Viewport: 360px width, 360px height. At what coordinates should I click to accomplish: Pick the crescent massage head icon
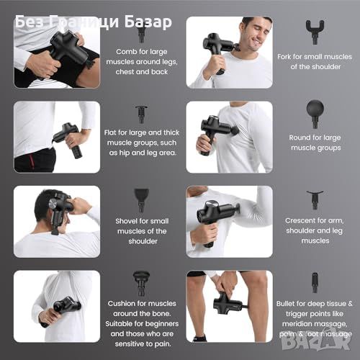click(315, 199)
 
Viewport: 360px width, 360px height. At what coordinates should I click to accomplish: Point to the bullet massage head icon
click(315, 282)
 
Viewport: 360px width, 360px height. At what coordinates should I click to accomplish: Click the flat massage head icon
click(141, 114)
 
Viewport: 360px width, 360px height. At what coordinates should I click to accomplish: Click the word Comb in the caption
click(125, 52)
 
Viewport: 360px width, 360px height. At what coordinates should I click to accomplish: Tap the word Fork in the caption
click(284, 57)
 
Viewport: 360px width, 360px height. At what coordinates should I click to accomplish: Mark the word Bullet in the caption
click(285, 304)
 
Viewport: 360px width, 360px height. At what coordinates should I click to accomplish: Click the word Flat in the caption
click(110, 132)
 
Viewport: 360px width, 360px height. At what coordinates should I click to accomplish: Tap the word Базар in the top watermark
click(148, 22)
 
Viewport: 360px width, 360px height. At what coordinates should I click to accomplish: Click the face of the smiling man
click(256, 34)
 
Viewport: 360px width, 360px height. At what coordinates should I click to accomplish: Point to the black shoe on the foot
click(199, 338)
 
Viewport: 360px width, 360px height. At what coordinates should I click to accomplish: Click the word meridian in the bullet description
click(297, 324)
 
